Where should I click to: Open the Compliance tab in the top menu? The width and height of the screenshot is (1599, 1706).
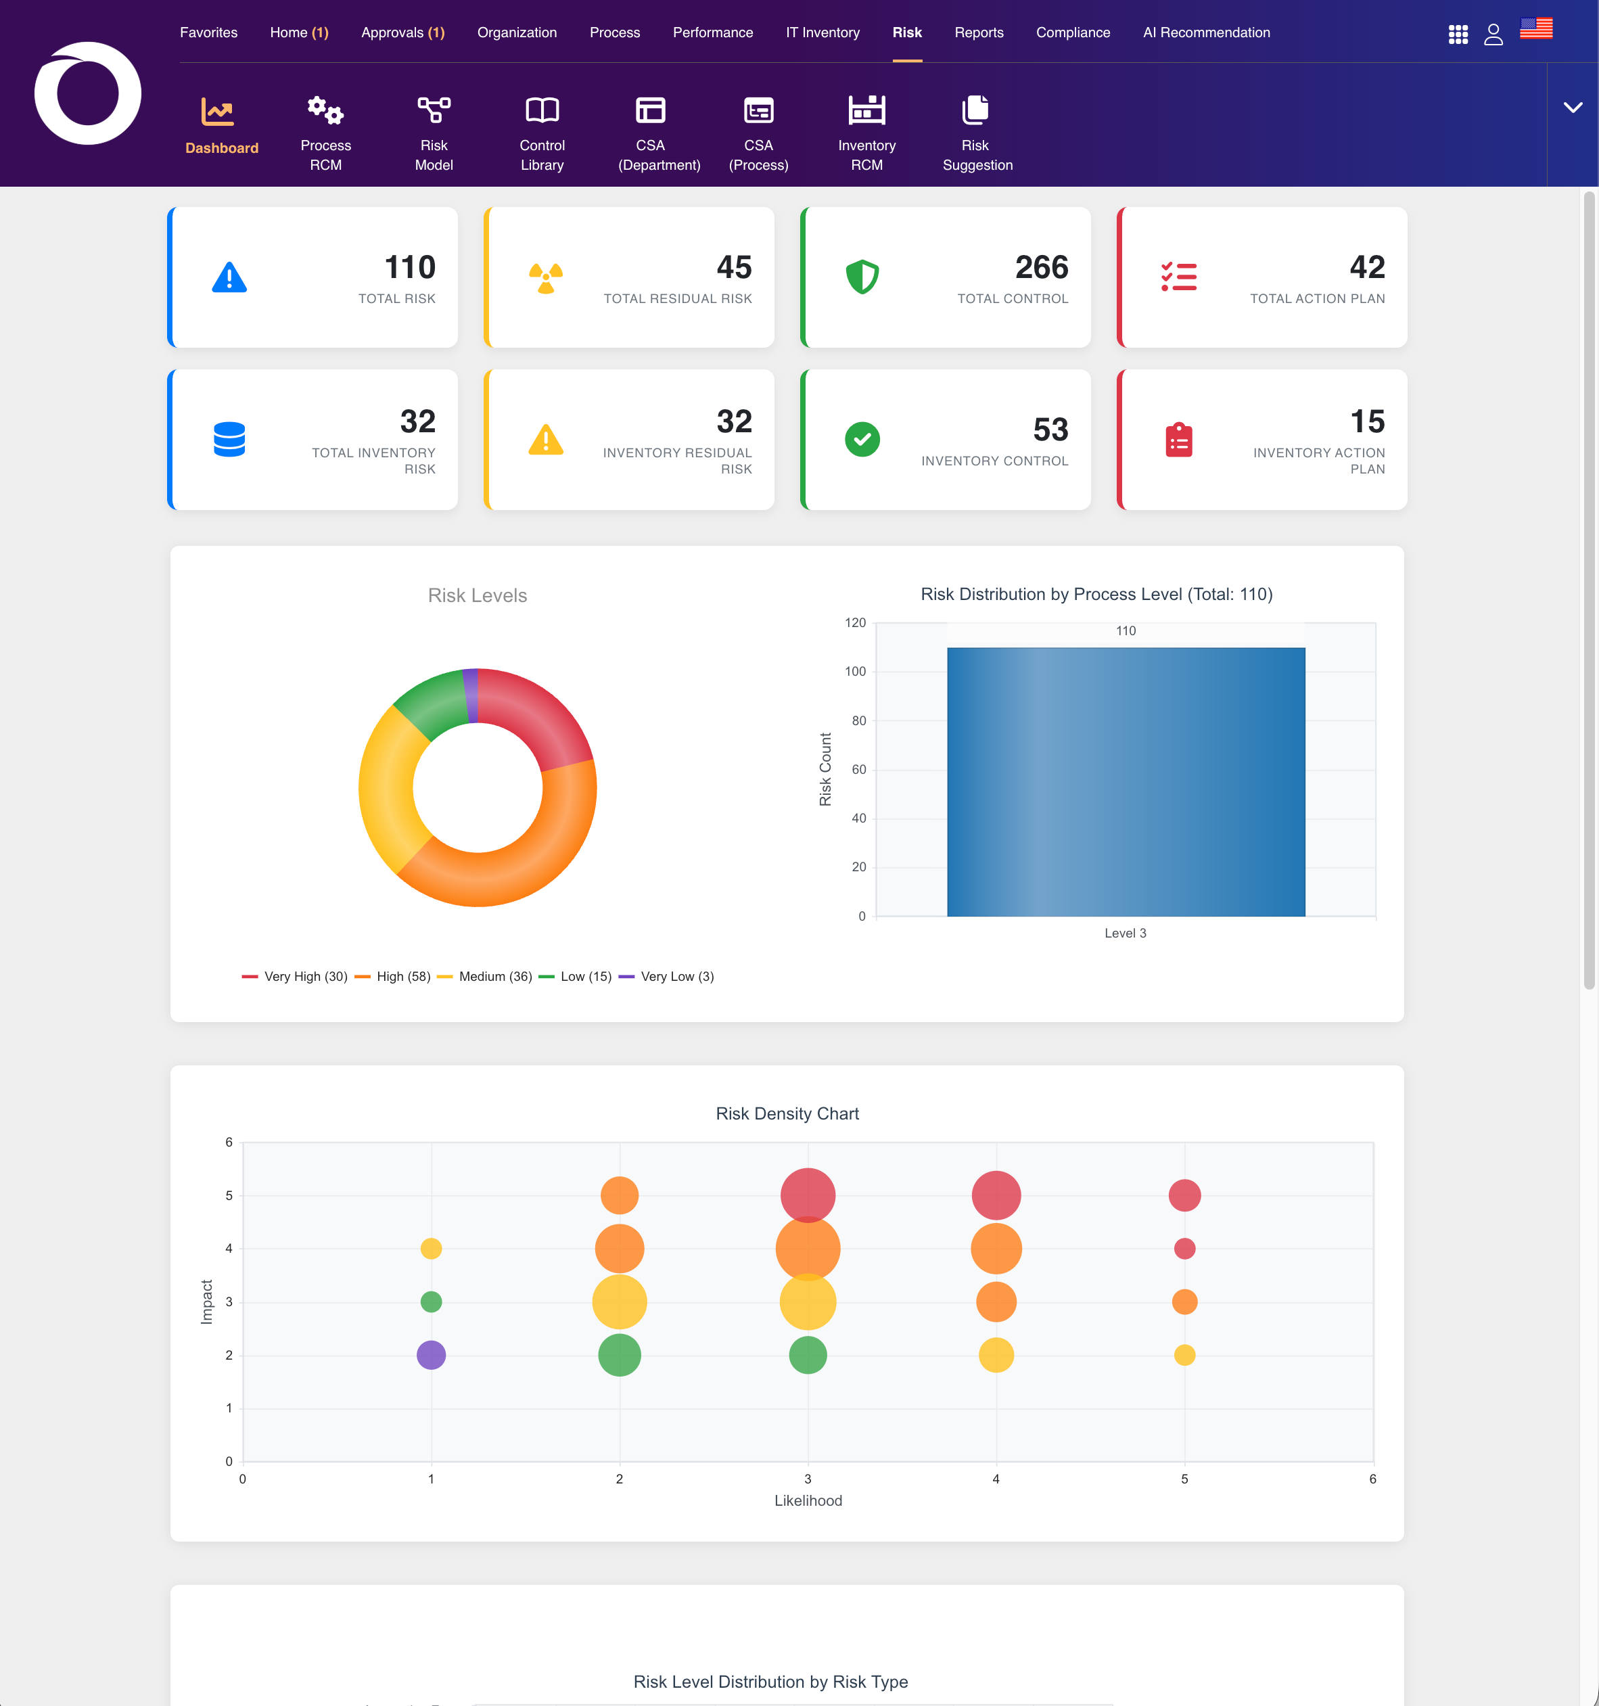click(1073, 32)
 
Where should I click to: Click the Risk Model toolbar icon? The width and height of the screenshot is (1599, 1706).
click(434, 110)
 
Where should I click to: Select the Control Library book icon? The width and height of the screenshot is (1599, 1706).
click(542, 110)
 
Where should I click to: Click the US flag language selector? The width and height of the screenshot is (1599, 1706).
click(1535, 28)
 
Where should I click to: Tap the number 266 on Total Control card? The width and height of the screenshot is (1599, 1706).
click(1041, 268)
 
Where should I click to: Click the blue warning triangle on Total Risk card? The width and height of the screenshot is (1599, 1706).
click(229, 277)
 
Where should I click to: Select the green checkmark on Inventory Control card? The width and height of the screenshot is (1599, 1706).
click(862, 440)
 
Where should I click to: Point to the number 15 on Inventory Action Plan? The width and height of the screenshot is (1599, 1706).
click(1367, 421)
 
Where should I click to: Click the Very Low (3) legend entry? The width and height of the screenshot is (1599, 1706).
click(666, 977)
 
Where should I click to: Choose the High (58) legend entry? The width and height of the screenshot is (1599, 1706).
click(393, 977)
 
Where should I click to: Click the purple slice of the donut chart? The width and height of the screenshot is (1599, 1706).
click(470, 695)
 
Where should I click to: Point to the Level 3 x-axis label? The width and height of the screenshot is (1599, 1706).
click(1126, 933)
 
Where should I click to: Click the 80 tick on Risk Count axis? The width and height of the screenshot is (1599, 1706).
click(858, 721)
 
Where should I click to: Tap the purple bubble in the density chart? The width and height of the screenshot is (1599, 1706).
click(431, 1355)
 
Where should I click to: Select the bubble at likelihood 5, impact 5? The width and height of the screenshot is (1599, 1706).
click(1184, 1195)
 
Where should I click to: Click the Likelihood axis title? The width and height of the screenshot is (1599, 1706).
click(808, 1501)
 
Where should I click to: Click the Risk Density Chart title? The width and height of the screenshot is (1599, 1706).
click(787, 1114)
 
